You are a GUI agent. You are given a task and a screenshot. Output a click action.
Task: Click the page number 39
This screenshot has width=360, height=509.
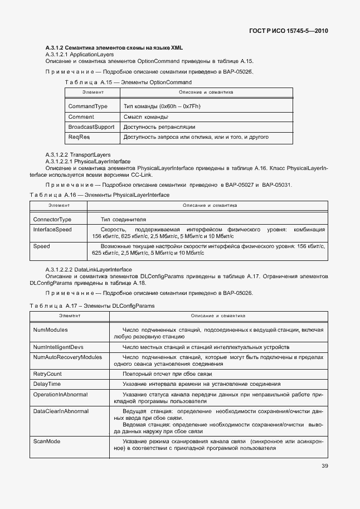coord(324,467)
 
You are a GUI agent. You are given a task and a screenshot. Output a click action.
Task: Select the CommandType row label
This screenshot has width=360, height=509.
coord(87,106)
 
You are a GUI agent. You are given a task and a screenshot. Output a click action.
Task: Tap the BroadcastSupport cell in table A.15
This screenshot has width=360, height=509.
coord(91,127)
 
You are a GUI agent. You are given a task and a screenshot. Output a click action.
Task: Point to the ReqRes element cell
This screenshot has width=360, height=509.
coord(79,137)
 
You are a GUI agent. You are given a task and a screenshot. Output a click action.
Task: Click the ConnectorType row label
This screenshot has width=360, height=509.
coord(52,220)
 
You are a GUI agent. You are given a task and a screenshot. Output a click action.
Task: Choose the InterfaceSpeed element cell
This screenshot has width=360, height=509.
coord(52,229)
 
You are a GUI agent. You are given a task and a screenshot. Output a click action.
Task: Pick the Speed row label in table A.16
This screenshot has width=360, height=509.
coord(42,246)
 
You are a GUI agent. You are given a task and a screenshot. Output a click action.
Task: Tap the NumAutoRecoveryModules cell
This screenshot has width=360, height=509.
coord(67,357)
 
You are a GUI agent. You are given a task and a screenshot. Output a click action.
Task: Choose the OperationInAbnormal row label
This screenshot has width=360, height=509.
coord(61,394)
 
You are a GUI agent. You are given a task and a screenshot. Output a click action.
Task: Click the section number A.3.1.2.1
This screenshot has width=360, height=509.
coord(56,55)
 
